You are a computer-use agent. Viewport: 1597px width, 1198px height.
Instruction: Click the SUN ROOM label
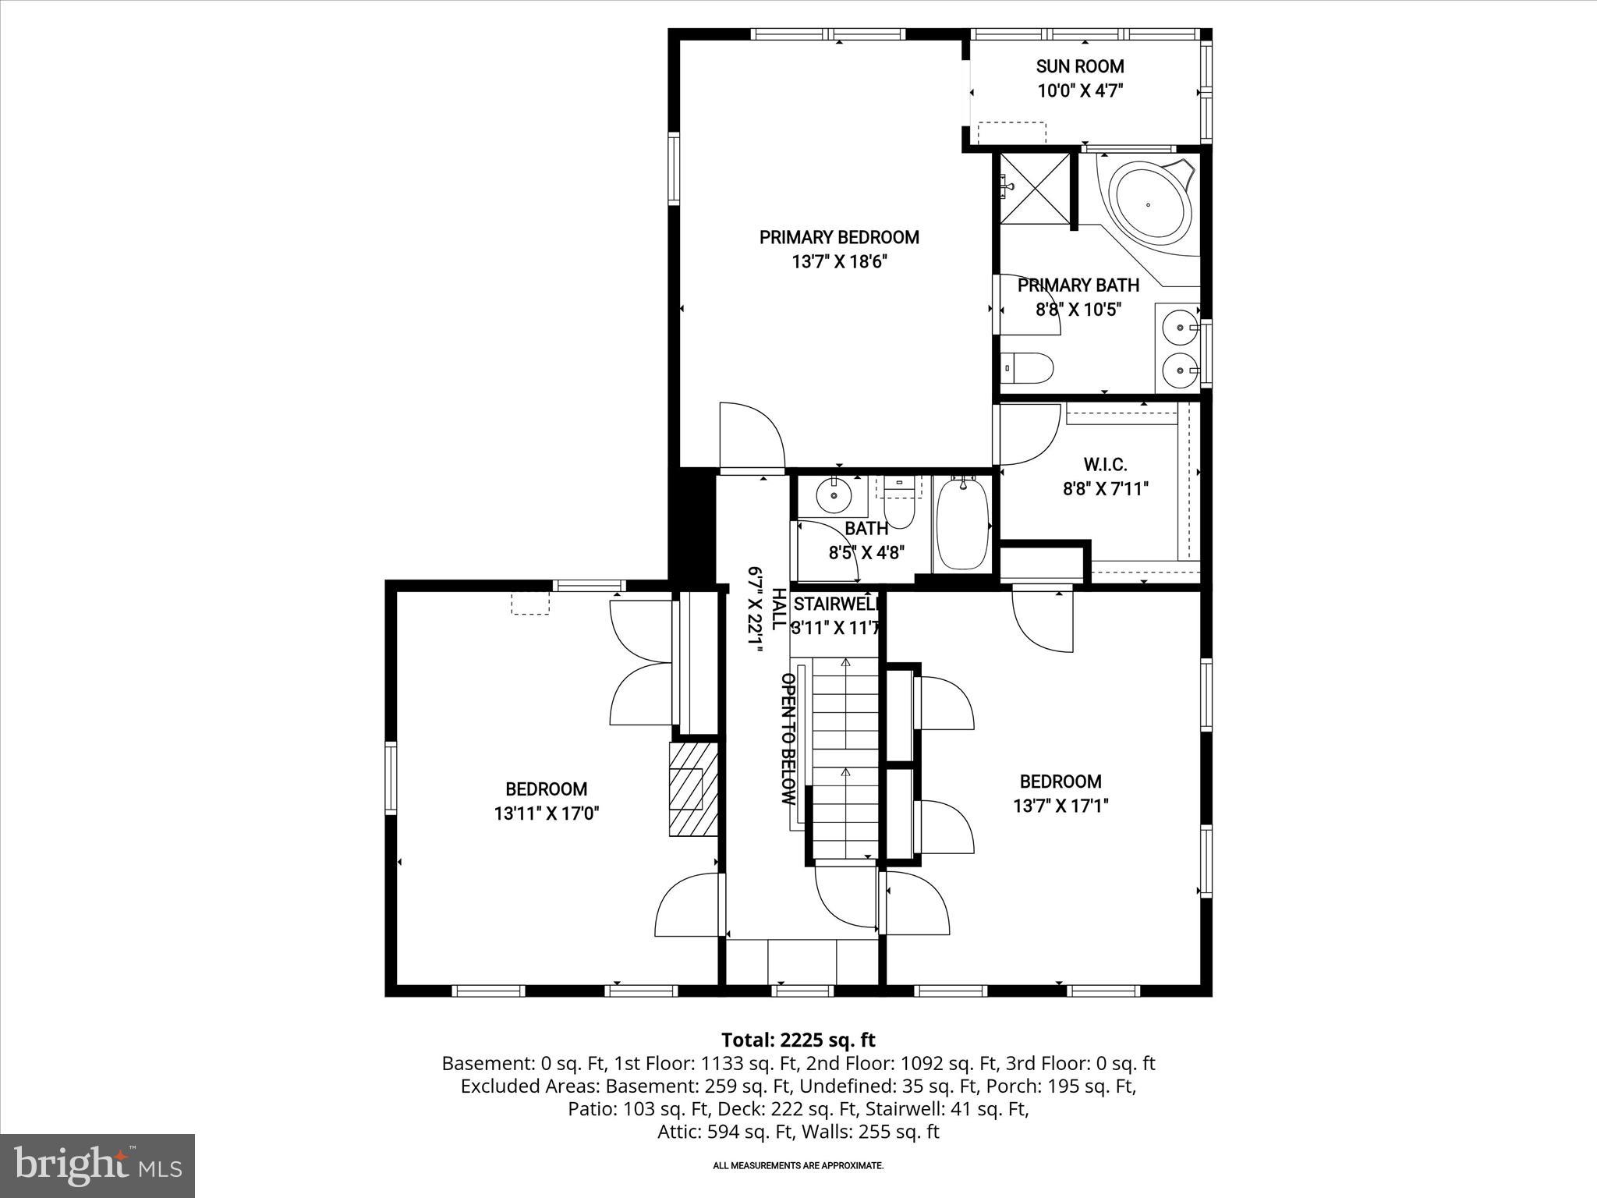coord(1079,66)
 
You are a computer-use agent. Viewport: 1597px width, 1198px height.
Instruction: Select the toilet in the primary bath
coord(1027,367)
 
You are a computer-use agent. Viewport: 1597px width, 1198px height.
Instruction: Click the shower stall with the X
coord(1035,188)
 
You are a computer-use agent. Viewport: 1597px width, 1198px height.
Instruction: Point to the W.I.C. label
coord(1105,466)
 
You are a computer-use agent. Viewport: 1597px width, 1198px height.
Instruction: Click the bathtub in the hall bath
coord(961,524)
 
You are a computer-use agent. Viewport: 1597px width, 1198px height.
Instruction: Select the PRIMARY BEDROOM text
coord(839,237)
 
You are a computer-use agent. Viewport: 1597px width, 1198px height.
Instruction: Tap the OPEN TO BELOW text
coord(788,739)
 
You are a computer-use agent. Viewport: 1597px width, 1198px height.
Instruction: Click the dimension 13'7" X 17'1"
coord(1061,806)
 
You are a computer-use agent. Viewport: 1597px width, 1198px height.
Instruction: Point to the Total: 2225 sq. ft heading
coord(798,1040)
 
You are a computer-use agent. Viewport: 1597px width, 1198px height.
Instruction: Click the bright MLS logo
coord(97,1166)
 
